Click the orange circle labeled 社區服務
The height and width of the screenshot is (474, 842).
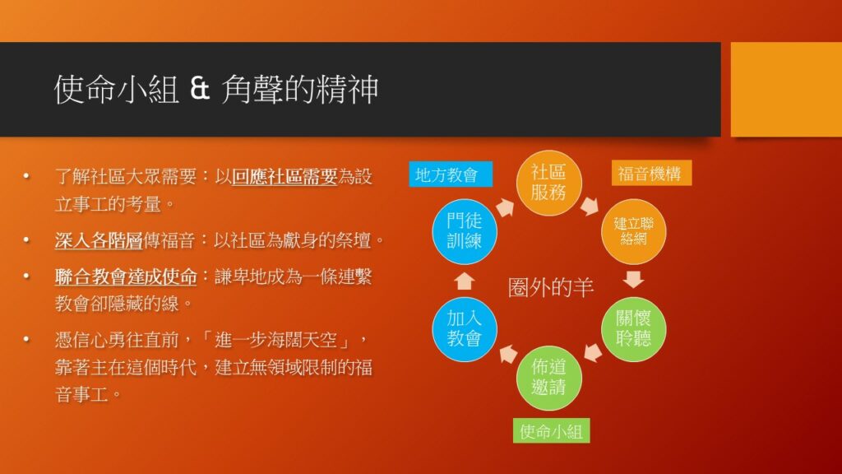pyautogui.click(x=548, y=184)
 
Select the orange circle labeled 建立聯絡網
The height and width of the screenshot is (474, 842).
pyautogui.click(x=633, y=231)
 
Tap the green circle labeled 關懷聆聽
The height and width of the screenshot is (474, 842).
pyautogui.click(x=633, y=329)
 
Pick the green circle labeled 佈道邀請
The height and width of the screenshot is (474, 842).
pyautogui.click(x=548, y=378)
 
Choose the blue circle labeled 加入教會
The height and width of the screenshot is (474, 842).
pyautogui.click(x=464, y=329)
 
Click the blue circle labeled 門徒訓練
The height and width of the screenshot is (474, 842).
pyautogui.click(x=464, y=231)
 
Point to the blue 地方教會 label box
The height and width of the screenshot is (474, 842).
pyautogui.click(x=451, y=174)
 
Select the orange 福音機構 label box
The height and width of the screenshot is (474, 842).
pyautogui.click(x=651, y=173)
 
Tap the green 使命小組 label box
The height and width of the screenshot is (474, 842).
pyautogui.click(x=551, y=431)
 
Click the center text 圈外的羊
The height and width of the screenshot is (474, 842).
pyautogui.click(x=550, y=287)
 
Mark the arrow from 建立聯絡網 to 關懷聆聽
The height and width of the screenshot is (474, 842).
pyautogui.click(x=634, y=280)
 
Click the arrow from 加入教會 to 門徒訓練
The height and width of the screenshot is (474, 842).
pyautogui.click(x=464, y=281)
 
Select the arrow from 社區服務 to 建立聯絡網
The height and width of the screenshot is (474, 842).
pyautogui.click(x=590, y=206)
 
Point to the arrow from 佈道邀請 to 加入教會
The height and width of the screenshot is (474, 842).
pyautogui.click(x=507, y=354)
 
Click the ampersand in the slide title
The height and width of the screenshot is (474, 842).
pyautogui.click(x=199, y=89)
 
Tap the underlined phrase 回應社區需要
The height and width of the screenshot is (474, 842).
pyautogui.click(x=284, y=176)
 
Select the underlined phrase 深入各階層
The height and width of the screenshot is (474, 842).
pyautogui.click(x=99, y=239)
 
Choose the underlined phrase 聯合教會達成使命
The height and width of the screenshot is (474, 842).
pyautogui.click(x=126, y=276)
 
